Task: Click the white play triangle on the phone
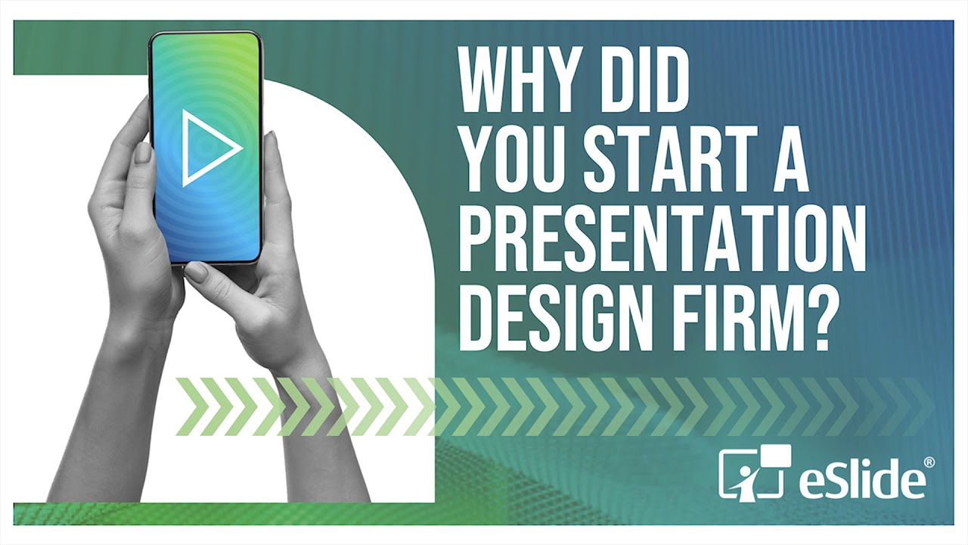point(209,148)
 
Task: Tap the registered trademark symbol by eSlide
point(929,462)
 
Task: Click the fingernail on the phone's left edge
point(143,152)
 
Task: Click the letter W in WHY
point(483,79)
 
